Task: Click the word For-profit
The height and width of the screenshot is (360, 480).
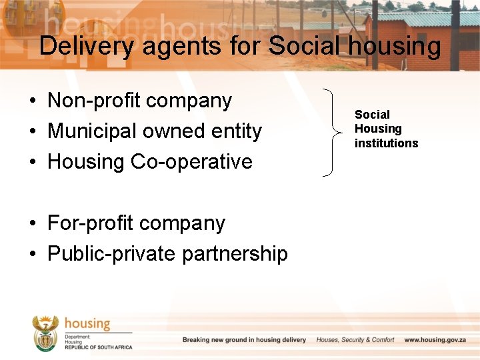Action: (87, 223)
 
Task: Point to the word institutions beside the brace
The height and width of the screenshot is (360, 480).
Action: (386, 143)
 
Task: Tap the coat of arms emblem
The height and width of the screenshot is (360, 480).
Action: (45, 333)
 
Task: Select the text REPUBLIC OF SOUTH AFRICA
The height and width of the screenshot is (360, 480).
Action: (99, 347)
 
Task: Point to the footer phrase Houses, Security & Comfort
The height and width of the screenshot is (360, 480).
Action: (355, 340)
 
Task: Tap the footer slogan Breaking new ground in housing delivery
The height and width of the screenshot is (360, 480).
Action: (244, 340)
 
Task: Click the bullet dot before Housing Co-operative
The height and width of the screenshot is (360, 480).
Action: (32, 162)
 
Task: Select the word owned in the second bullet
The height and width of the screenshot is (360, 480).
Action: (175, 131)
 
